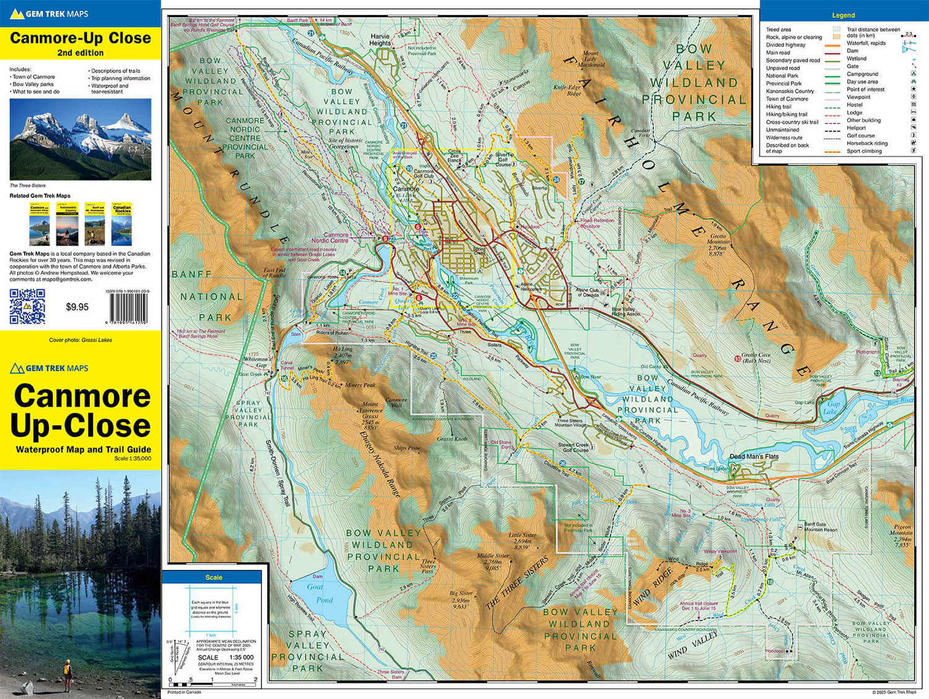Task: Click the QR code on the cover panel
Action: tap(27, 306)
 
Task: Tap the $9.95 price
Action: tap(77, 307)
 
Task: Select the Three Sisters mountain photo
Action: tap(81, 139)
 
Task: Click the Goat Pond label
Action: tap(320, 593)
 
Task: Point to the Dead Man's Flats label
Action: tap(754, 457)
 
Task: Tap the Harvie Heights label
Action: tap(380, 40)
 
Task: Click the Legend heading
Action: tap(843, 15)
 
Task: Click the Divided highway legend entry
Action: tap(785, 45)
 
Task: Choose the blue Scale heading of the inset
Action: tap(214, 578)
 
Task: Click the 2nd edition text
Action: tap(81, 53)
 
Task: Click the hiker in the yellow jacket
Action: tap(66, 669)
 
